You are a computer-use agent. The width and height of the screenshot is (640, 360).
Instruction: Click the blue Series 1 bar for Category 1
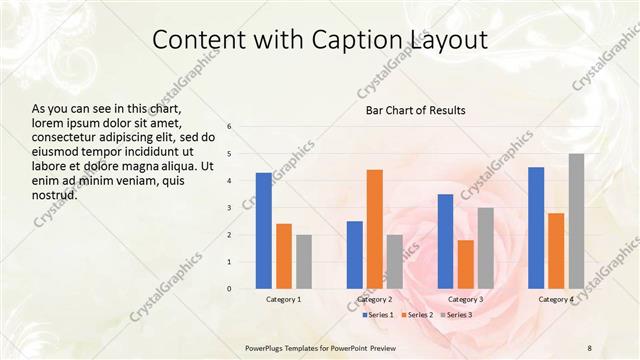tap(263, 230)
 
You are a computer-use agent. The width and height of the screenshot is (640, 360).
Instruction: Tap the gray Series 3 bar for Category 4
tap(576, 220)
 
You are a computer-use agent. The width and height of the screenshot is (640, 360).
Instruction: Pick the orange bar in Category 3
tap(465, 264)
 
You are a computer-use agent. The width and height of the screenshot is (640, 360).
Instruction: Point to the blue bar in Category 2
tap(354, 254)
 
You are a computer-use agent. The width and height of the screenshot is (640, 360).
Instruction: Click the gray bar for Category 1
tap(303, 261)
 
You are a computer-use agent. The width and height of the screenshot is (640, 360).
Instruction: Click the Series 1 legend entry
tap(377, 315)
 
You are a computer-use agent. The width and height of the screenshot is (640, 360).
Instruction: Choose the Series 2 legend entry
tap(417, 315)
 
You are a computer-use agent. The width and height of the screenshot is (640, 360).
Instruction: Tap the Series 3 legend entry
tap(456, 315)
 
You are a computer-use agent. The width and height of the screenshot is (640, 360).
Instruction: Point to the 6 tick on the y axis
tap(229, 127)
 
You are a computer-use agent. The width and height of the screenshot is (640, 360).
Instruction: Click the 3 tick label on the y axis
tap(229, 208)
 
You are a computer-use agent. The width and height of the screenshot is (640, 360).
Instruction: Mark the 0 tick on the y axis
tap(229, 289)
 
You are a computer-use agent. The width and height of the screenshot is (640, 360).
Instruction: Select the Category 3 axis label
tap(465, 299)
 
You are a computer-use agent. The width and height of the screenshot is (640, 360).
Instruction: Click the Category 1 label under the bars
tap(283, 299)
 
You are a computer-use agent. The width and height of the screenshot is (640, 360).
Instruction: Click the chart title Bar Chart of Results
tap(414, 110)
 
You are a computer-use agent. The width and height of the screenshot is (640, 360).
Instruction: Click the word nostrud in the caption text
tap(56, 194)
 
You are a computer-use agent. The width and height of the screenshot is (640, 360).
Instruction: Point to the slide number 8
tap(589, 346)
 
